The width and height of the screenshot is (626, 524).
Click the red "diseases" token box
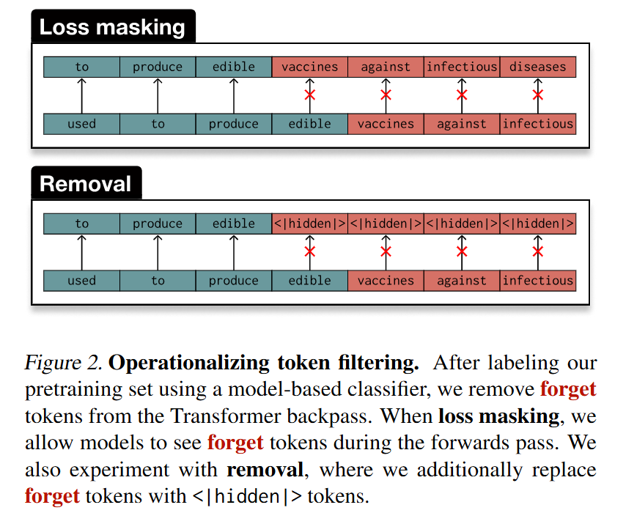[537, 67]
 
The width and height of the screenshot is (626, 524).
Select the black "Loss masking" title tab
[113, 28]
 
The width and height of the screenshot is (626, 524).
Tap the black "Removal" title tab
[86, 183]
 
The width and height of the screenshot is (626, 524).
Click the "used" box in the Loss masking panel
[81, 124]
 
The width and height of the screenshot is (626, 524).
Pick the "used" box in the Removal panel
[81, 281]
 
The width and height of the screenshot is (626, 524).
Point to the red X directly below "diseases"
[537, 95]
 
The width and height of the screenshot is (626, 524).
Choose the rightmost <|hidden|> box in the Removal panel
[537, 224]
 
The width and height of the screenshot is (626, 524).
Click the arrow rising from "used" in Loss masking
[81, 95]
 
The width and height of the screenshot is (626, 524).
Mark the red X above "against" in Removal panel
[462, 252]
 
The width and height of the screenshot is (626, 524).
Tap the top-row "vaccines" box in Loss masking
[309, 67]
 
